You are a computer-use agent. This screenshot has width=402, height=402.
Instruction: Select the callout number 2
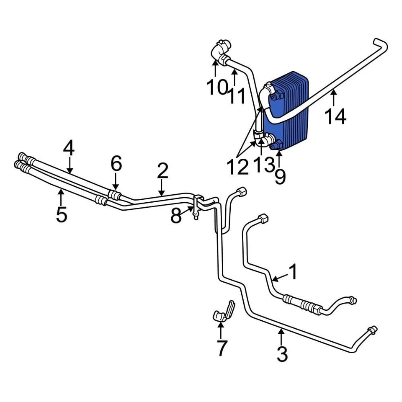(x=162, y=171)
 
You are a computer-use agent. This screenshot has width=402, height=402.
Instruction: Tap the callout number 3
(x=283, y=354)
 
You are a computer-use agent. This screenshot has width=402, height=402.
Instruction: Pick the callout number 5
(x=61, y=214)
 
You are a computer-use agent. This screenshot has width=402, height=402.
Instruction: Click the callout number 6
(x=116, y=163)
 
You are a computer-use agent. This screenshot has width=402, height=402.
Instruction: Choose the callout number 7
(x=222, y=348)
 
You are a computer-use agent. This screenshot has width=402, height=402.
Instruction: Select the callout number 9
(x=280, y=176)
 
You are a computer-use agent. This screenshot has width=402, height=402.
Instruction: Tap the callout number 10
(x=216, y=88)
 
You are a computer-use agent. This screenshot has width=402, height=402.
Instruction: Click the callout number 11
(x=237, y=95)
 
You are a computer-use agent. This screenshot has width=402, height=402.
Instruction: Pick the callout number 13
(x=263, y=165)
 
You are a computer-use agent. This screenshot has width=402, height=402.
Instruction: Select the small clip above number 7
(x=224, y=312)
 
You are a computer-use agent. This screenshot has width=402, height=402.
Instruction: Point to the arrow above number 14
(x=334, y=98)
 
